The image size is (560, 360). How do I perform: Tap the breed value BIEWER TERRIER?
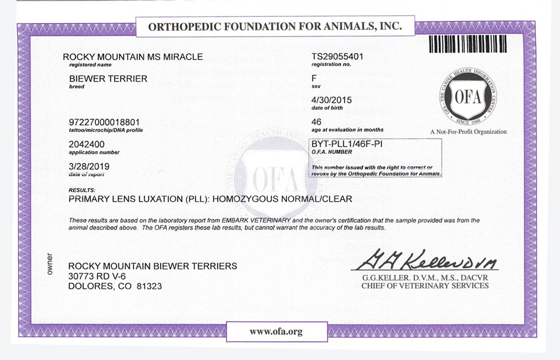[x=108, y=79]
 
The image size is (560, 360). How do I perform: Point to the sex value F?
[x=314, y=79]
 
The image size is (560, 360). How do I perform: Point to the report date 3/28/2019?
[x=88, y=167]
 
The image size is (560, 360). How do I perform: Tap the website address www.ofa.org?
[x=276, y=331]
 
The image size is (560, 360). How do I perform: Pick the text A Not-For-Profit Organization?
[x=468, y=132]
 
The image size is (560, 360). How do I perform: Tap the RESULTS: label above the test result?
[x=81, y=190]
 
